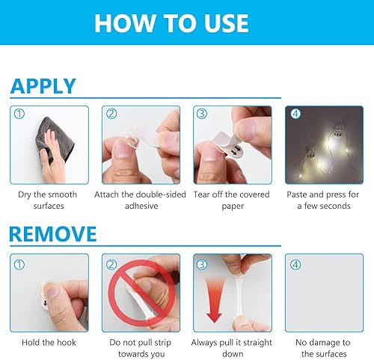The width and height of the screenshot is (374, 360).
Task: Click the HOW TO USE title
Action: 171,22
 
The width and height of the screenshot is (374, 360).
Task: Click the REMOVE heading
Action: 53,234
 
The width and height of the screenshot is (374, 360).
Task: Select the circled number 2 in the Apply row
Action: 112,115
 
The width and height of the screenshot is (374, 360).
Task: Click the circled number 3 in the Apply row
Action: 202,115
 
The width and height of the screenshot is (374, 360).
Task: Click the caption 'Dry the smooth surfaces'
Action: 49,200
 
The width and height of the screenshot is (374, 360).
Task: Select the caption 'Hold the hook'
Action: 49,343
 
